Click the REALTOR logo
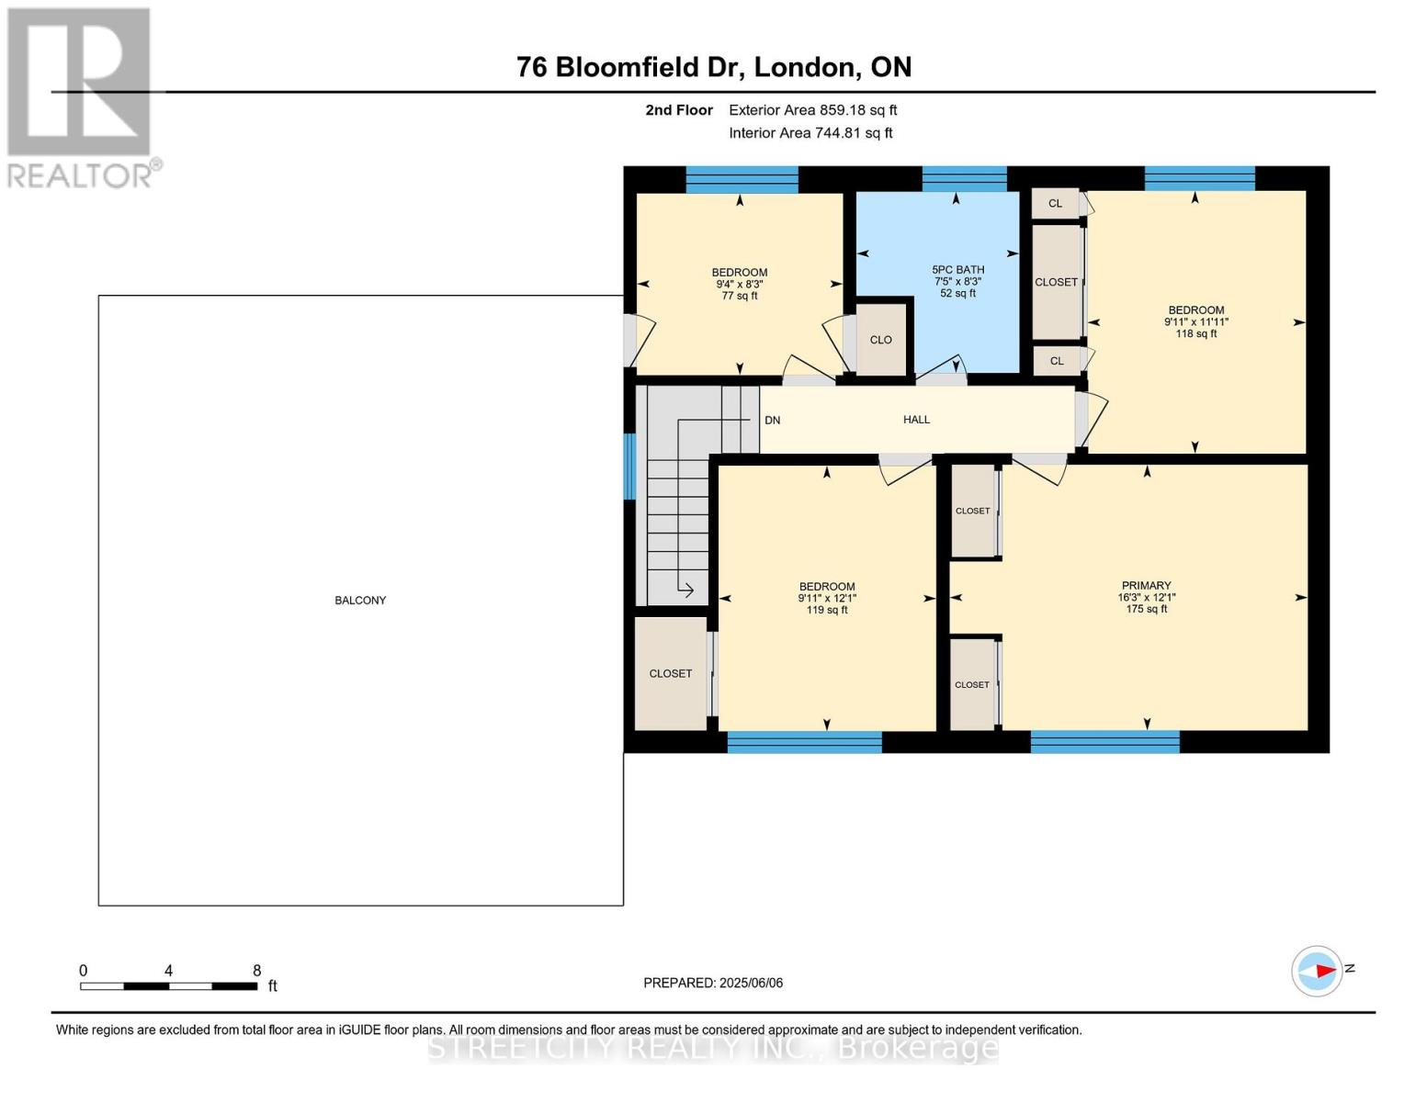pyautogui.click(x=80, y=96)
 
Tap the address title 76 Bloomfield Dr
pyautogui.click(x=714, y=67)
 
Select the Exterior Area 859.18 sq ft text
pyautogui.click(x=812, y=110)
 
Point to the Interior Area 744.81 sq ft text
pyautogui.click(x=810, y=133)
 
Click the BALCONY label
pyautogui.click(x=360, y=601)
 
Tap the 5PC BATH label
pyautogui.click(x=957, y=281)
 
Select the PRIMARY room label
pyautogui.click(x=1146, y=597)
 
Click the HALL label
pyautogui.click(x=916, y=420)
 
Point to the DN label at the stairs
pyautogui.click(x=772, y=421)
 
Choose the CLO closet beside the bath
pyautogui.click(x=880, y=340)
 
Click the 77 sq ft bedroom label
pyautogui.click(x=740, y=284)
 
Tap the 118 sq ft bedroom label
pyautogui.click(x=1195, y=321)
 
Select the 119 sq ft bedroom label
pyautogui.click(x=827, y=598)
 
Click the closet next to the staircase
pyautogui.click(x=671, y=674)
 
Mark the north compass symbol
pyautogui.click(x=1318, y=971)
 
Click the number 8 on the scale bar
pyautogui.click(x=257, y=971)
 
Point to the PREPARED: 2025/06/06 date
pyautogui.click(x=713, y=983)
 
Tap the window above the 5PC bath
pyautogui.click(x=964, y=179)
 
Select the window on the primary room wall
pyautogui.click(x=1104, y=742)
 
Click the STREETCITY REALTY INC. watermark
pyautogui.click(x=713, y=1048)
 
